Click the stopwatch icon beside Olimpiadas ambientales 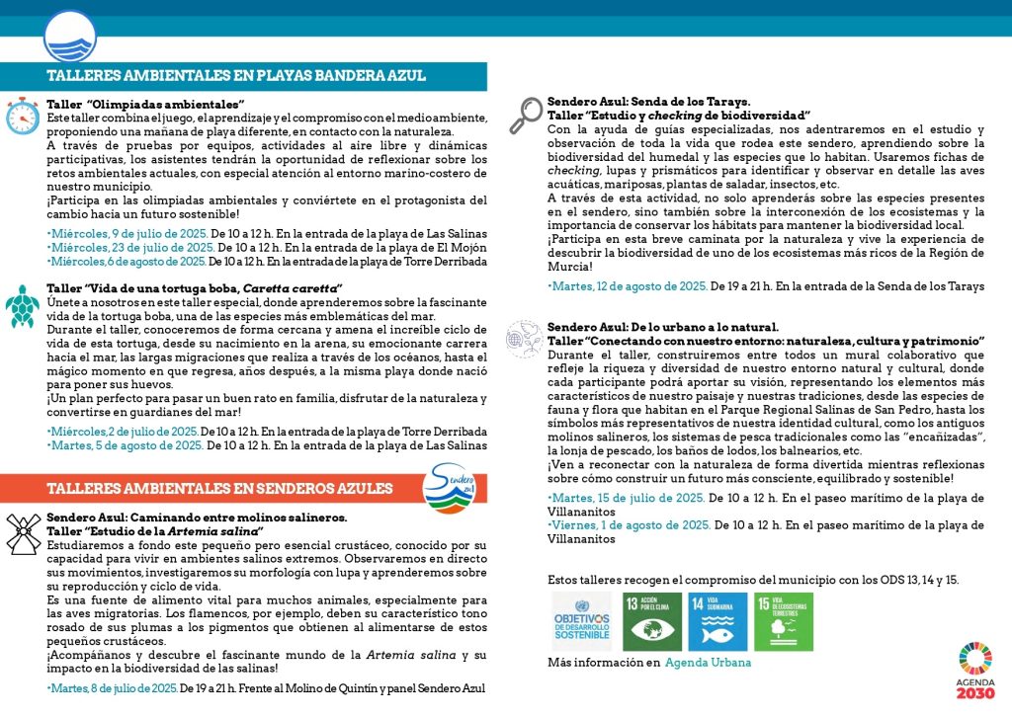point(22,116)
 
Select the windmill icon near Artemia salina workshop point(23,533)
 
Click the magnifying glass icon point(524,116)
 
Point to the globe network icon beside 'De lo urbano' point(521,337)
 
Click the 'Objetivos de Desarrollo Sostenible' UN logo point(583,621)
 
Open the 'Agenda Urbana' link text point(708,663)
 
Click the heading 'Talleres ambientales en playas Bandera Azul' point(236,76)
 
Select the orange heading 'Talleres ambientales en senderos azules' point(219,488)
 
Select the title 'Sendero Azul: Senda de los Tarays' point(648,101)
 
